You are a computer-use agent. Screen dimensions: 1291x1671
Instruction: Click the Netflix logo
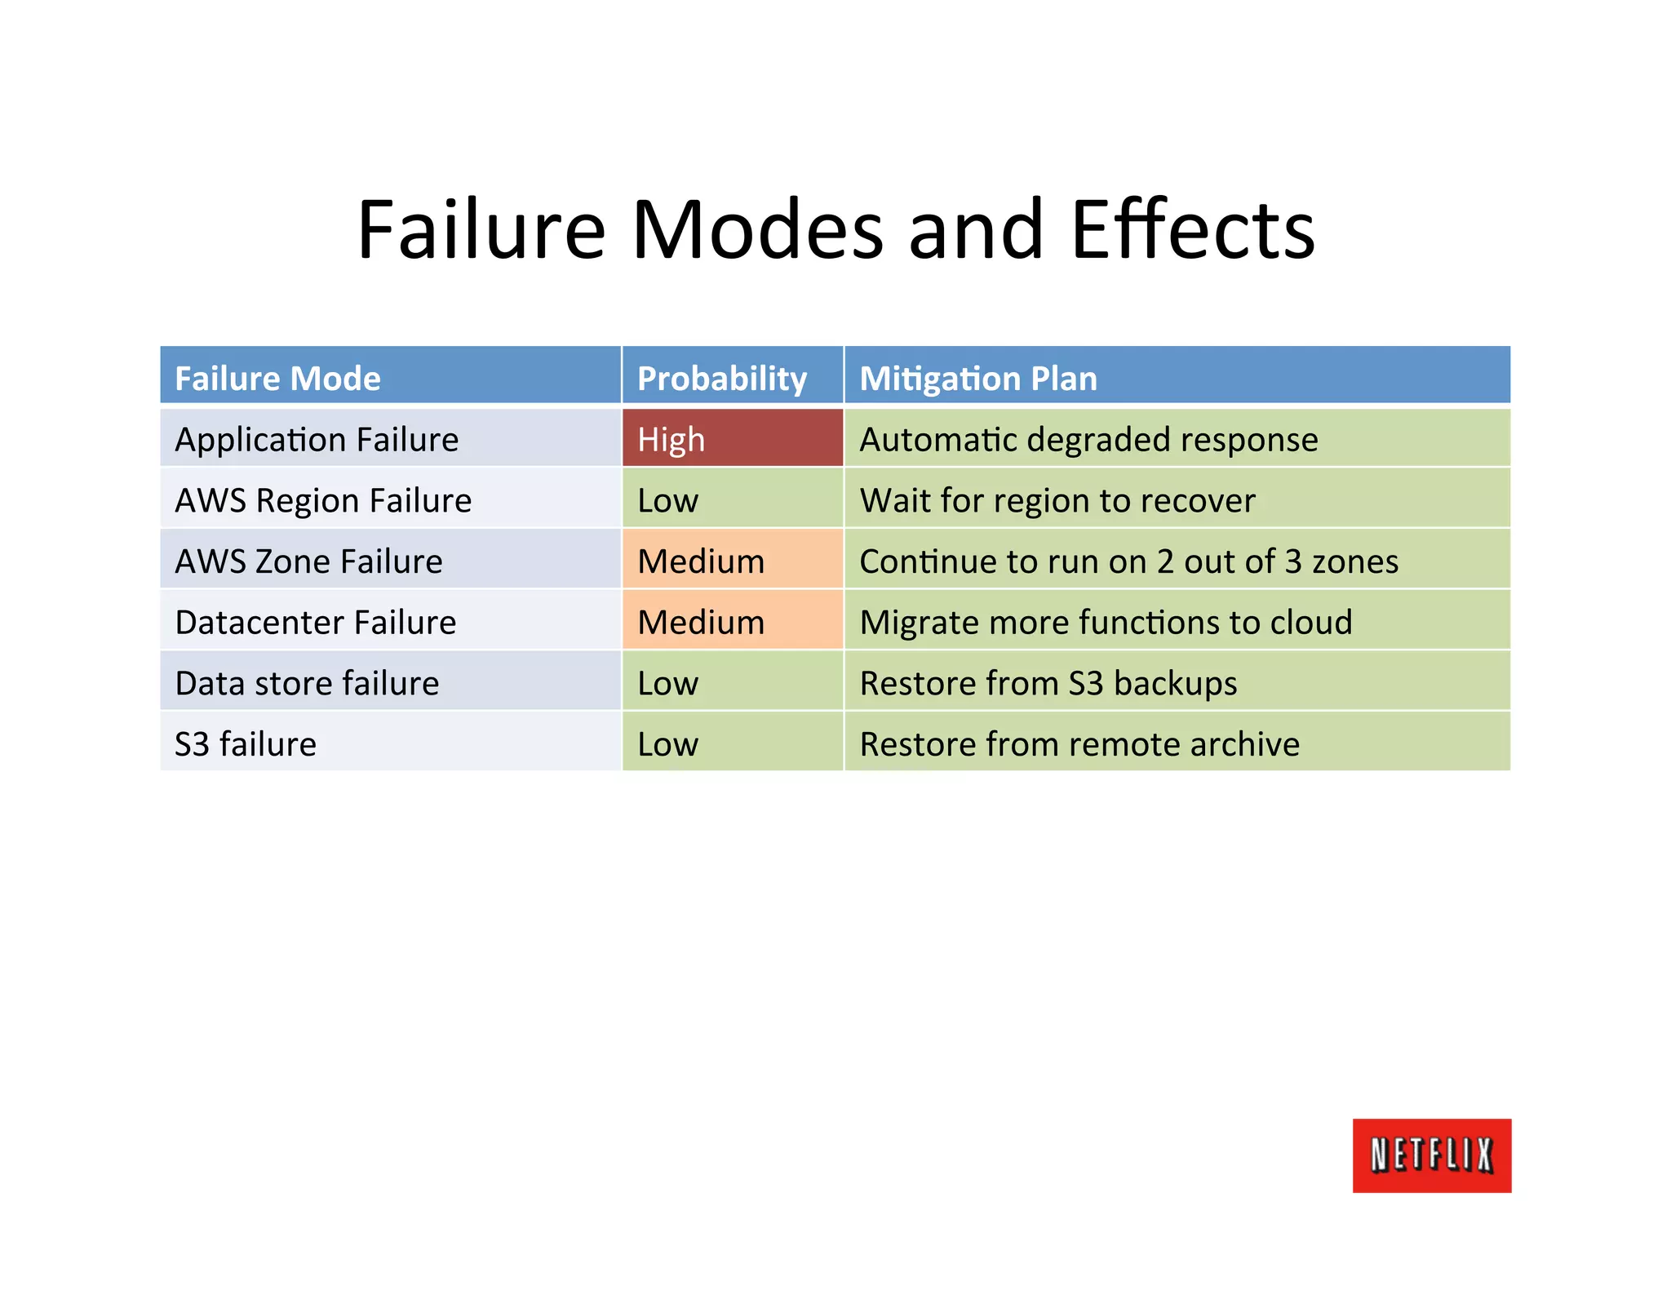[x=1431, y=1155]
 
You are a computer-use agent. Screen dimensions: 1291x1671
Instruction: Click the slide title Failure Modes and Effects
[x=835, y=230]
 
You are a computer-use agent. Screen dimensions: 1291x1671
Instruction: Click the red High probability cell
[x=732, y=439]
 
